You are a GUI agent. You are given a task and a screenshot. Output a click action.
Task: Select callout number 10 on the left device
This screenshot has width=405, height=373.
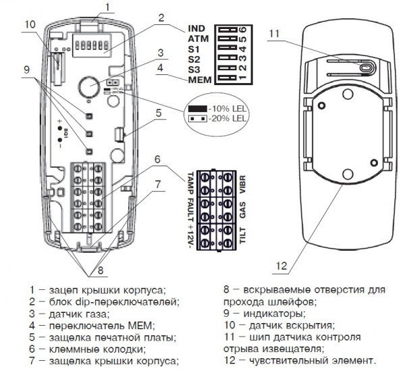pyautogui.click(x=29, y=25)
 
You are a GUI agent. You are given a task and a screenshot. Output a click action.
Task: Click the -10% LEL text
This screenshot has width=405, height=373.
pyautogui.click(x=230, y=108)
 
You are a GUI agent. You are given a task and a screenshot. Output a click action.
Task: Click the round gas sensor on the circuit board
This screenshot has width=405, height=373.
pyautogui.click(x=86, y=86)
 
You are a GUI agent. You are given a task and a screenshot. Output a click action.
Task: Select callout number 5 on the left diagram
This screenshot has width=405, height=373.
pyautogui.click(x=159, y=114)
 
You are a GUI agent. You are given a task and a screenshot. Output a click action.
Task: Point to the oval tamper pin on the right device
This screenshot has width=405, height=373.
pyautogui.click(x=364, y=69)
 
